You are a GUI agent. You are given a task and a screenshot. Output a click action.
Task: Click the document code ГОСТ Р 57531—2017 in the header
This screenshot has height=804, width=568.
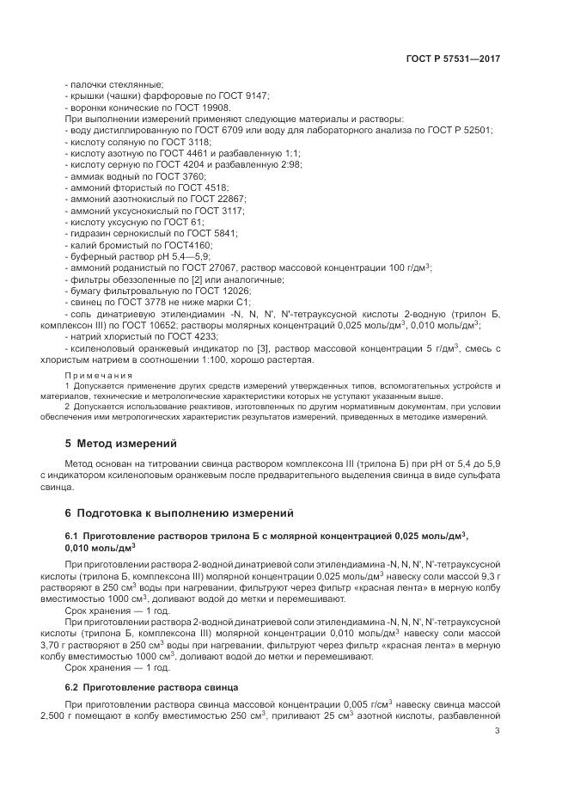pyautogui.click(x=453, y=59)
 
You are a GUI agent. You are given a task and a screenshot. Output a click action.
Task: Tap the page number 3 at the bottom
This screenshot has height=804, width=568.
pyautogui.click(x=498, y=732)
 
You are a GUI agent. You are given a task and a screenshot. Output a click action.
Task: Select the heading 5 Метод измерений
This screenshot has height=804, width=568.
pyautogui.click(x=120, y=444)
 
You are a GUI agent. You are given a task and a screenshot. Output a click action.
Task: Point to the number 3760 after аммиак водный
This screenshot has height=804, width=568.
pyautogui.click(x=205, y=175)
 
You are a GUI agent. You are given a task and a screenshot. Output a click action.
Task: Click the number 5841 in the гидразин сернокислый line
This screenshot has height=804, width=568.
pyautogui.click(x=221, y=233)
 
